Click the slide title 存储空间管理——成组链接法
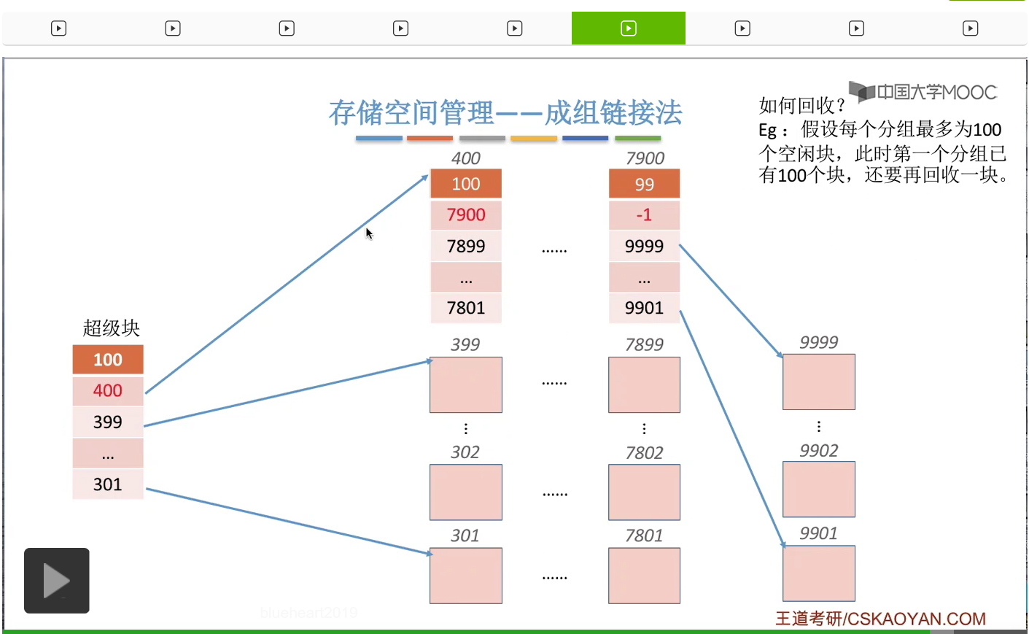click(505, 113)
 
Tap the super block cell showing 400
click(108, 391)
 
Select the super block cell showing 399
click(108, 422)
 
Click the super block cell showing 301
click(108, 484)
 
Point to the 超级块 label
click(111, 328)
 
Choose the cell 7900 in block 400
click(466, 215)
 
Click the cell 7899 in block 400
click(466, 247)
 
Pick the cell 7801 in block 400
click(466, 308)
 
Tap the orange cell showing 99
click(644, 185)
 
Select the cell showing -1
click(644, 215)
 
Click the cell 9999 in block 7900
click(644, 247)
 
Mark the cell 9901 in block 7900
click(644, 308)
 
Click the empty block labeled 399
click(466, 384)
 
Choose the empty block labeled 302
click(466, 492)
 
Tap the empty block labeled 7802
click(644, 492)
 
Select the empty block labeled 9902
click(818, 490)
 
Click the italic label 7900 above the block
click(645, 158)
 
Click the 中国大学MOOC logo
click(923, 93)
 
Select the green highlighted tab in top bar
click(628, 28)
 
